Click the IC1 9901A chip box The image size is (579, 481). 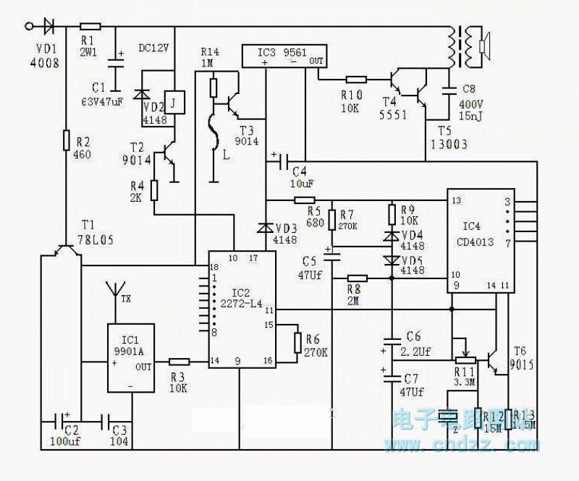131,358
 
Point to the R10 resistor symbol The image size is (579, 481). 357,80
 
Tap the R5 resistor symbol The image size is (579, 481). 305,200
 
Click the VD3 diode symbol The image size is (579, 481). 266,227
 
